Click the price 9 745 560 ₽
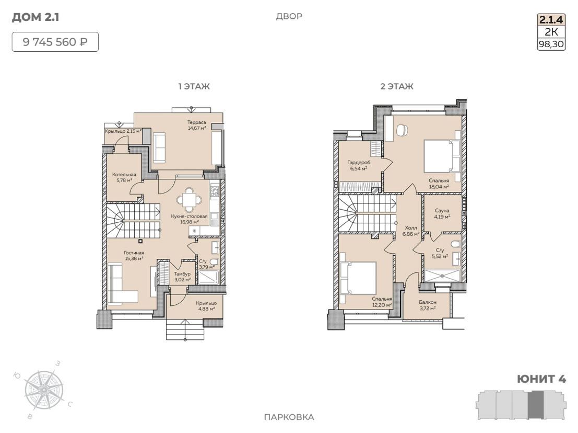pyautogui.click(x=55, y=42)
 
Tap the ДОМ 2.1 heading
pyautogui.click(x=36, y=17)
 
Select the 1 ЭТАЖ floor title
pyautogui.click(x=194, y=86)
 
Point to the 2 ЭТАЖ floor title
pyautogui.click(x=397, y=86)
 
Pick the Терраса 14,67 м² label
pyautogui.click(x=196, y=125)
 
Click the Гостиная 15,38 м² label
pyautogui.click(x=134, y=255)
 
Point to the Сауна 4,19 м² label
pyautogui.click(x=442, y=214)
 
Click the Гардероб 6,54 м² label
pyautogui.click(x=359, y=165)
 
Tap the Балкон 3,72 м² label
pyautogui.click(x=428, y=305)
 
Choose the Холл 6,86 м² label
pyautogui.click(x=411, y=231)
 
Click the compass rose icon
pyautogui.click(x=44, y=390)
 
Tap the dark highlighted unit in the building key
pyautogui.click(x=536, y=405)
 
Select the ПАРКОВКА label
pyautogui.click(x=289, y=417)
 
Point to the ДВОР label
pyautogui.click(x=289, y=16)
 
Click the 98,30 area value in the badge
pyautogui.click(x=551, y=44)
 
